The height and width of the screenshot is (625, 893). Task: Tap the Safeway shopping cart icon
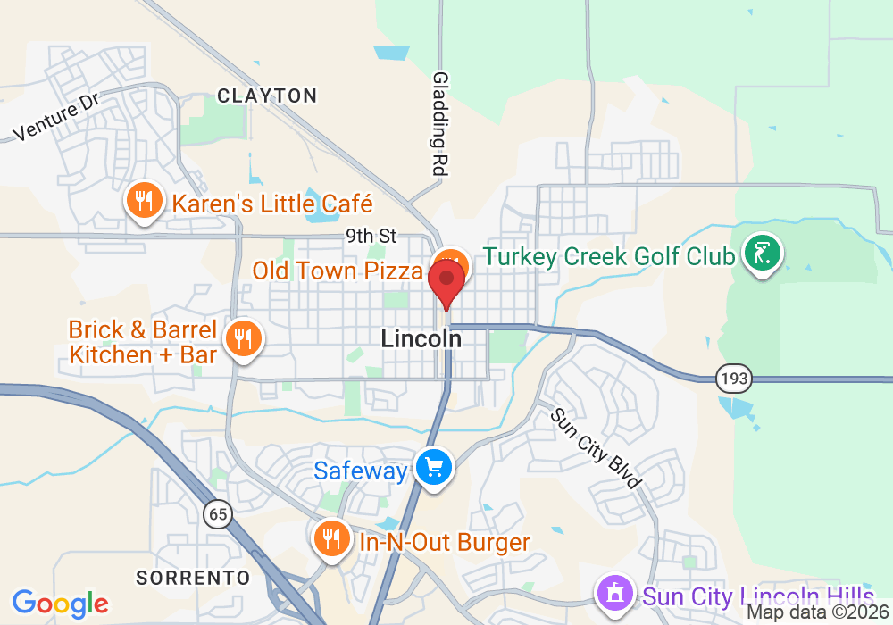(434, 467)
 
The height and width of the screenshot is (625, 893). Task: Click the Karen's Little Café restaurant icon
(143, 200)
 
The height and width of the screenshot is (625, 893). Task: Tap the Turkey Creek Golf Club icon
(762, 254)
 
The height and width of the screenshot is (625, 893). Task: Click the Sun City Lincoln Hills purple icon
(613, 593)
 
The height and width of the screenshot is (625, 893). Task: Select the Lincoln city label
(421, 339)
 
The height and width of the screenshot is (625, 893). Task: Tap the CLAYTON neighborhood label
(267, 96)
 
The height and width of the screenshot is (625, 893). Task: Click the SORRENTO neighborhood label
(194, 577)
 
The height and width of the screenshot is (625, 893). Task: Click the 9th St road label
(371, 237)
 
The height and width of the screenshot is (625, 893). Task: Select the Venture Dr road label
(56, 119)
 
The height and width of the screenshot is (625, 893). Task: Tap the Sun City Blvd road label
(596, 448)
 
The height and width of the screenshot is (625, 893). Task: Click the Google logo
(60, 604)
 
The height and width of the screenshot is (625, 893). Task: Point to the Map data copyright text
(817, 612)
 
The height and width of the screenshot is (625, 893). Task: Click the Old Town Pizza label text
(338, 271)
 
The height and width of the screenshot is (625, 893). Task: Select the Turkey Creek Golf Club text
(609, 257)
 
